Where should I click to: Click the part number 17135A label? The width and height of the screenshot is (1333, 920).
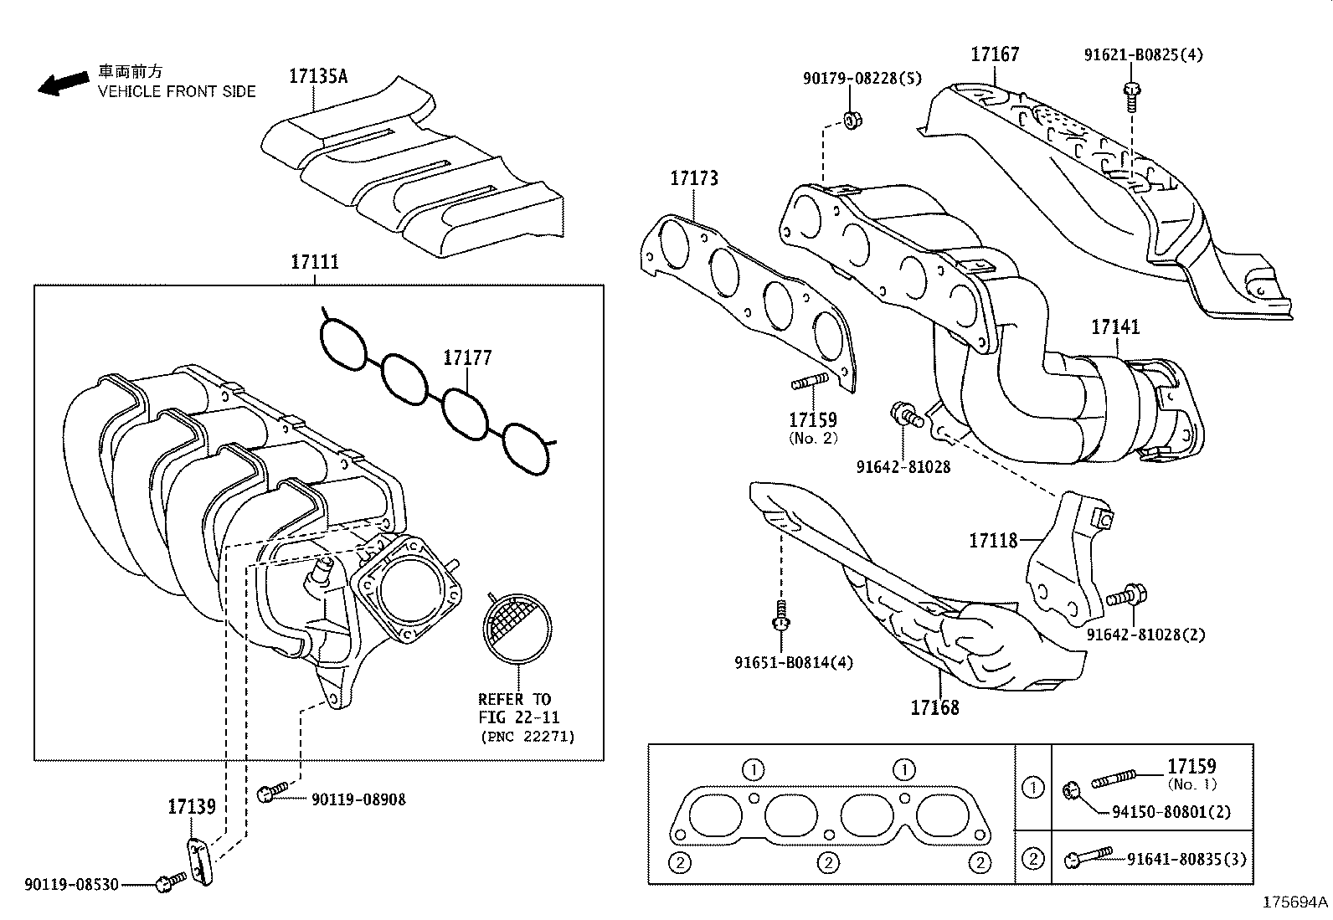tap(317, 76)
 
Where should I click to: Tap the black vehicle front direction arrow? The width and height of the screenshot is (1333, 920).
tap(63, 83)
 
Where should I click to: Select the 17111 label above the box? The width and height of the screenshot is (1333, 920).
tap(315, 261)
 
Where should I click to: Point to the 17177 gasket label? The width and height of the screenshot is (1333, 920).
tap(467, 357)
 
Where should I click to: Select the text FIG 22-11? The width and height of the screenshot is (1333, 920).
tap(519, 717)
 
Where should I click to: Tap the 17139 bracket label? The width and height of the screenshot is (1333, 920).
tap(192, 806)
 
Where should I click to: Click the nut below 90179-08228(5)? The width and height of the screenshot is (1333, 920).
tap(852, 120)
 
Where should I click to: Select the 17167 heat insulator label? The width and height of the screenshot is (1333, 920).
tap(995, 54)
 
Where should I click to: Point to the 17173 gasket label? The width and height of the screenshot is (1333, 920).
tap(693, 178)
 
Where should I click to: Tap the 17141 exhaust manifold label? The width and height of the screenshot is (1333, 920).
tap(1114, 327)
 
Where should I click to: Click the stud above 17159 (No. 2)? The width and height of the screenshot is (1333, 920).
tap(810, 383)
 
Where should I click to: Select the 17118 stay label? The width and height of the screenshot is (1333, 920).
tap(993, 540)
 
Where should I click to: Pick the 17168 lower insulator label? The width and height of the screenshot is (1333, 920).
tap(934, 707)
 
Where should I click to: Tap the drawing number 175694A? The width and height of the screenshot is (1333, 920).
tap(1295, 902)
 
